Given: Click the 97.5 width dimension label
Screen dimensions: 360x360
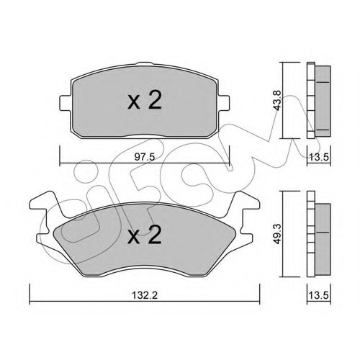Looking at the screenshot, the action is tap(145, 157).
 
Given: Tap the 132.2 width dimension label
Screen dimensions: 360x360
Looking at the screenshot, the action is tap(145, 295).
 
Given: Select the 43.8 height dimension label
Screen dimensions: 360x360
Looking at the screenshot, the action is tap(278, 100).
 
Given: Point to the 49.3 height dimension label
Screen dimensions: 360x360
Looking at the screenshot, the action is tap(278, 234).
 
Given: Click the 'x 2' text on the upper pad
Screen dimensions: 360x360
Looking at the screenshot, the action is tap(145, 101).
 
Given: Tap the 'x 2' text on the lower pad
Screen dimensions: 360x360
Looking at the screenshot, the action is tap(145, 235).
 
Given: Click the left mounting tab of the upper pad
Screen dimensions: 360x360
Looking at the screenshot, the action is tap(66, 103).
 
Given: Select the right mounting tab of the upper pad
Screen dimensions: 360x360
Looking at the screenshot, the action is tap(224, 103).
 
